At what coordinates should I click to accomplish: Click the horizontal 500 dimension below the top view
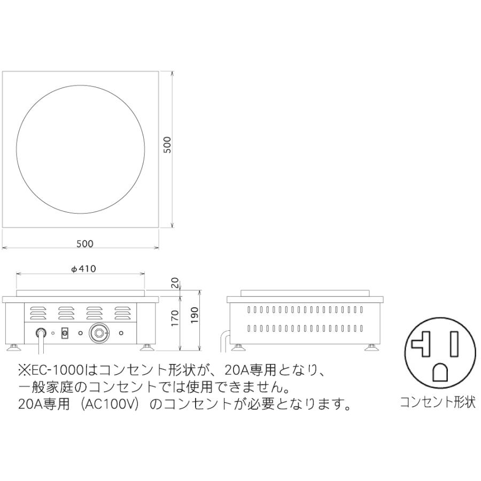click(x=84, y=244)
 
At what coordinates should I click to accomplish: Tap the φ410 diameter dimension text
click(x=83, y=269)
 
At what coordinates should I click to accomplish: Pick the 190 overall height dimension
click(x=195, y=319)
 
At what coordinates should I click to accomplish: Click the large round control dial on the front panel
click(x=99, y=333)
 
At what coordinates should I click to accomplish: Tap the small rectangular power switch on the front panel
click(x=65, y=333)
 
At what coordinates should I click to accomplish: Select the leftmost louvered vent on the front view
click(x=38, y=312)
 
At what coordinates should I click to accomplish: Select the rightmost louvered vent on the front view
click(x=122, y=312)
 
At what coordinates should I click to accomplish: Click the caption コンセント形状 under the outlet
click(x=438, y=402)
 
